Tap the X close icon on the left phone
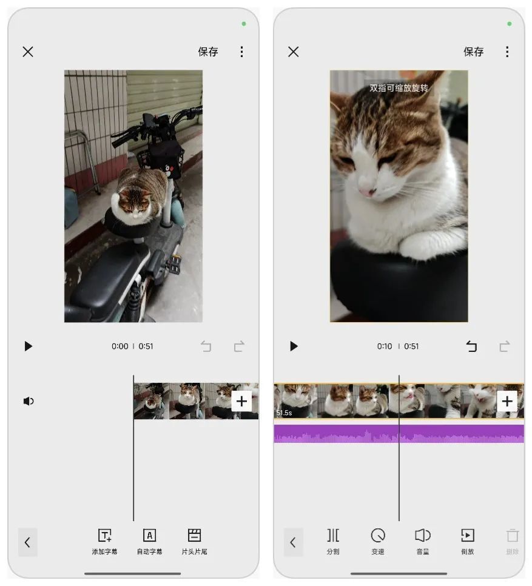click(x=28, y=52)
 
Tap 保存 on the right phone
click(x=473, y=52)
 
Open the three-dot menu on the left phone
click(x=241, y=52)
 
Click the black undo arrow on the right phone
click(x=471, y=346)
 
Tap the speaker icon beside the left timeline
click(x=29, y=401)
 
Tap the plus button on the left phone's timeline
click(x=241, y=401)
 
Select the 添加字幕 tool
click(x=104, y=542)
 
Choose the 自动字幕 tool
click(x=149, y=542)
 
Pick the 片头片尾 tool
click(x=194, y=542)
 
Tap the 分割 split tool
click(x=333, y=542)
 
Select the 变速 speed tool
click(x=378, y=542)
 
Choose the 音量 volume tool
click(x=423, y=542)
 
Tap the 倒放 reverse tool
click(x=467, y=542)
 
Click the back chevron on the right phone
click(x=293, y=542)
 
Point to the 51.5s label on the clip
click(x=285, y=413)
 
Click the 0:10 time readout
click(x=385, y=346)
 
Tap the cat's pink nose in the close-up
click(x=366, y=191)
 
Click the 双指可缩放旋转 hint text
click(x=399, y=88)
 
